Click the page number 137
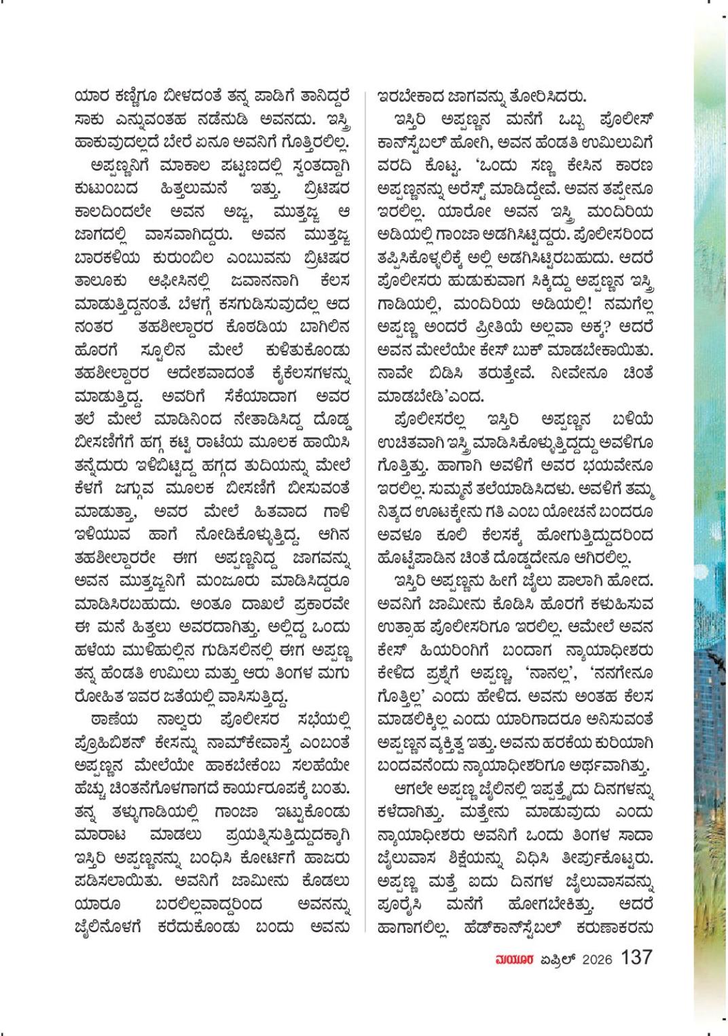[x=636, y=957]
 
